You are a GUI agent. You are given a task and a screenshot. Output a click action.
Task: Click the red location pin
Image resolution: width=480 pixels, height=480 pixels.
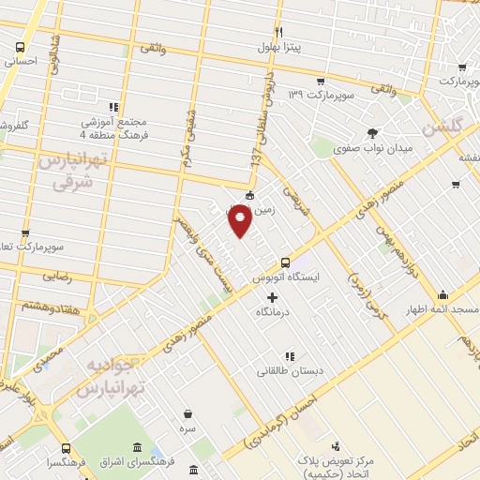240,222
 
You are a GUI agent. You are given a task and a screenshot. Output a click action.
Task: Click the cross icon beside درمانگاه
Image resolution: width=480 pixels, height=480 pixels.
272,298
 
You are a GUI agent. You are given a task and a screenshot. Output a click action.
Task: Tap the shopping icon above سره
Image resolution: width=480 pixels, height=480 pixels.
188,413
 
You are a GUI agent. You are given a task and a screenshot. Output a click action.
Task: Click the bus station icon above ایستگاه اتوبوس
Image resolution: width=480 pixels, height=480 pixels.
285,262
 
